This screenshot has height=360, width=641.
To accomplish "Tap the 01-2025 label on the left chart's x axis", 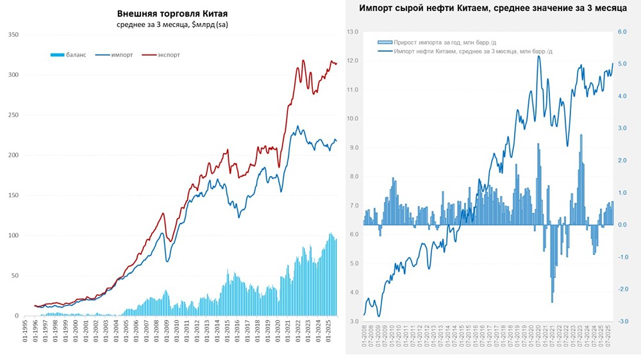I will [x=328, y=334].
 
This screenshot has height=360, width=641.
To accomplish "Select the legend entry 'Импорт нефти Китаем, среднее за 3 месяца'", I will [x=474, y=50].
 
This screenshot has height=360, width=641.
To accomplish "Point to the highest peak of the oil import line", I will [x=538, y=56].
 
